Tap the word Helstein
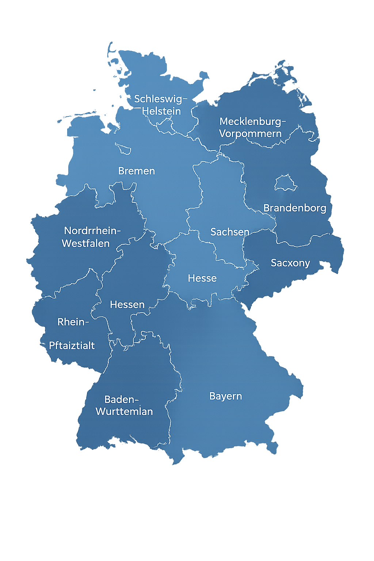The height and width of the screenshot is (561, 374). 161,111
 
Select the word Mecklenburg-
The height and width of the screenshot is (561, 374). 252,121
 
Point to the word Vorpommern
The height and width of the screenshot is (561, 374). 250,134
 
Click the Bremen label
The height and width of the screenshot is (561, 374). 137,171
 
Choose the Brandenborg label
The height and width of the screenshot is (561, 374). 295,208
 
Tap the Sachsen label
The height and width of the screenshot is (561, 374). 230,232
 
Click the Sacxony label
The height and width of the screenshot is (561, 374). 290,263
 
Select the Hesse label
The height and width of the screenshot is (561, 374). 202,278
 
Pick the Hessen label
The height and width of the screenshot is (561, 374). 127,305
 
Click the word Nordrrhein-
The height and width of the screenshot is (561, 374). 92,231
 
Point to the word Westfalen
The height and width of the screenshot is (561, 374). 86,244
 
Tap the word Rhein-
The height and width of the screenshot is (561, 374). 73,322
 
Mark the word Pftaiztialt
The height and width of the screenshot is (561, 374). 72,346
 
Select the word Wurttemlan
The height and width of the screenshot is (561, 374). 124,412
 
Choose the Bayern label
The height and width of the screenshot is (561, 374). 226,396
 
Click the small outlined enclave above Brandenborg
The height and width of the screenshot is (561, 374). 286,183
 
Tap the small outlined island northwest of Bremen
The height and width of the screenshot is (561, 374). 123,148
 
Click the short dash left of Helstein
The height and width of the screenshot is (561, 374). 137,108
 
